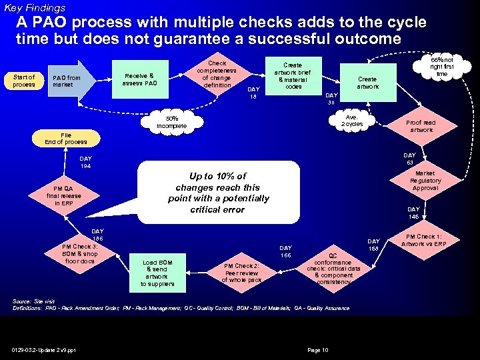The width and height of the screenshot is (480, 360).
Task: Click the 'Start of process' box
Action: click(25, 81)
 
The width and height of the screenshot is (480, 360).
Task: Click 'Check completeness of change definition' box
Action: click(217, 73)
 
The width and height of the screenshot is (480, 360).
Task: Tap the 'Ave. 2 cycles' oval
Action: click(352, 120)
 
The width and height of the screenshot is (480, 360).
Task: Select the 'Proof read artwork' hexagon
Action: click(421, 126)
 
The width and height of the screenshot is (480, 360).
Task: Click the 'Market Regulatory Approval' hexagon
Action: click(425, 181)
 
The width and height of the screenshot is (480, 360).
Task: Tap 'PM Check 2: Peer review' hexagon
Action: click(241, 272)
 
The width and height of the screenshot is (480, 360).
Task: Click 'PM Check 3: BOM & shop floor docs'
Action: click(80, 253)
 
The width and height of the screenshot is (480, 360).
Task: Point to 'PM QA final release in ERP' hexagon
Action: click(63, 196)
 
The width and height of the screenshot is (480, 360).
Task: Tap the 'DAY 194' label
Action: click(85, 163)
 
